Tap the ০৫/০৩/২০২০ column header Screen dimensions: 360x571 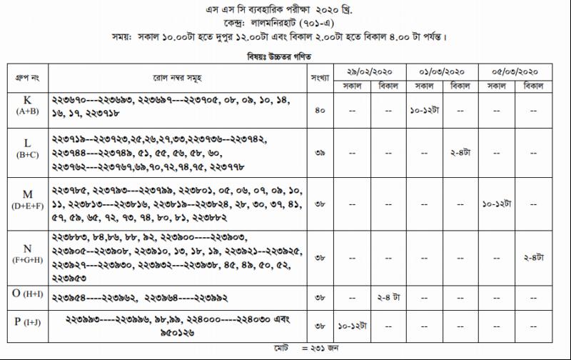point(516,72)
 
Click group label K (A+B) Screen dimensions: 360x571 point(26,105)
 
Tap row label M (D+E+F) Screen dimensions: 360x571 point(26,199)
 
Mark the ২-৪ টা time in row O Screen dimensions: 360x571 point(388,296)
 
